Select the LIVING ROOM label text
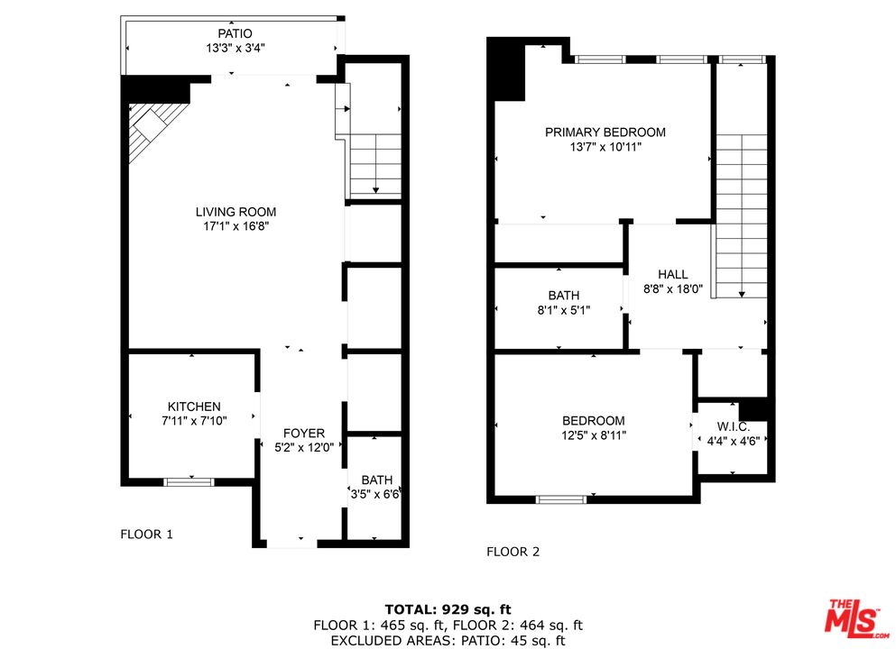coord(236,212)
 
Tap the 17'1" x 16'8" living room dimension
coord(236,227)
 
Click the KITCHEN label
coord(193,407)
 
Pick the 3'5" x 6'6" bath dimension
coord(375,494)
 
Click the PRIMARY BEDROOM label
coord(605,132)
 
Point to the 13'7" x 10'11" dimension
coord(605,148)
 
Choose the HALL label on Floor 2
coord(672,274)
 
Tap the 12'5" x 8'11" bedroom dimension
coord(593,435)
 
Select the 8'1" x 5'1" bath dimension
coord(563,310)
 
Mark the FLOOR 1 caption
coord(146,534)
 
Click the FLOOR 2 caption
coord(513,552)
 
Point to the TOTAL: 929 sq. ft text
coord(448,608)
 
